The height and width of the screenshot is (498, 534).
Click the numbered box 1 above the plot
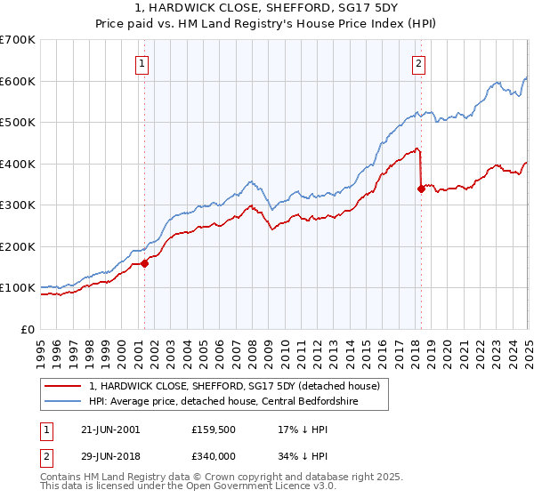[x=143, y=62]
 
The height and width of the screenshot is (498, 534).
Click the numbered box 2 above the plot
[x=418, y=62]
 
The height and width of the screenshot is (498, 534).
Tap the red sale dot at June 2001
[x=144, y=263]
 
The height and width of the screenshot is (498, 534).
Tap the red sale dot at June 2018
[x=420, y=189]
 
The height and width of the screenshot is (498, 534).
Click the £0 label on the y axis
[x=27, y=329]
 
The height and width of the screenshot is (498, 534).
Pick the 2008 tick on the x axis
[x=253, y=347]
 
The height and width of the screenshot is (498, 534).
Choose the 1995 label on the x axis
[x=41, y=347]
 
